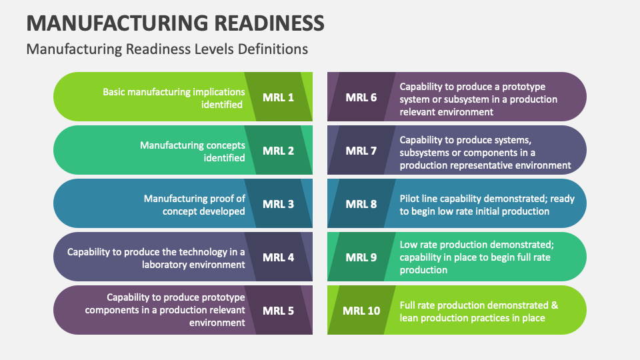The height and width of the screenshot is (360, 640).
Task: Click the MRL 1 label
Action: tap(278, 97)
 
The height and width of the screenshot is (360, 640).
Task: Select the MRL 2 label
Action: tap(278, 151)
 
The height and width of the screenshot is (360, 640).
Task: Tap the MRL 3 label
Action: tap(278, 204)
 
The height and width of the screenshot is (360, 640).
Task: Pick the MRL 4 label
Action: tap(278, 257)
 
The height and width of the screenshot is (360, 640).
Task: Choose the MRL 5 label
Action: tap(278, 311)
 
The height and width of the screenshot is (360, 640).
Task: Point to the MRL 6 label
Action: tap(361, 97)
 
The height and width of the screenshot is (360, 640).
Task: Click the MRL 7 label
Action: tap(361, 151)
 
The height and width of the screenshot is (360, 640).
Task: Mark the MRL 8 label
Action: tap(361, 204)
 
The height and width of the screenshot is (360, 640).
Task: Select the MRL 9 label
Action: tap(361, 257)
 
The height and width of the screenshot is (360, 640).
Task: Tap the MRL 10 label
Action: tap(361, 311)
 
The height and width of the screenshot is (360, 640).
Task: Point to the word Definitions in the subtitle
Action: tap(275, 49)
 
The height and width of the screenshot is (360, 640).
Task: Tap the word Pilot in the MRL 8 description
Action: tap(411, 199)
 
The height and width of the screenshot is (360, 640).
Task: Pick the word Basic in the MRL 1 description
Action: tap(115, 92)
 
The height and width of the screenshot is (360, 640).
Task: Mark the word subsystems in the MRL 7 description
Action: tap(427, 153)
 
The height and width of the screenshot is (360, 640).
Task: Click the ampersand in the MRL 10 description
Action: tap(554, 306)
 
